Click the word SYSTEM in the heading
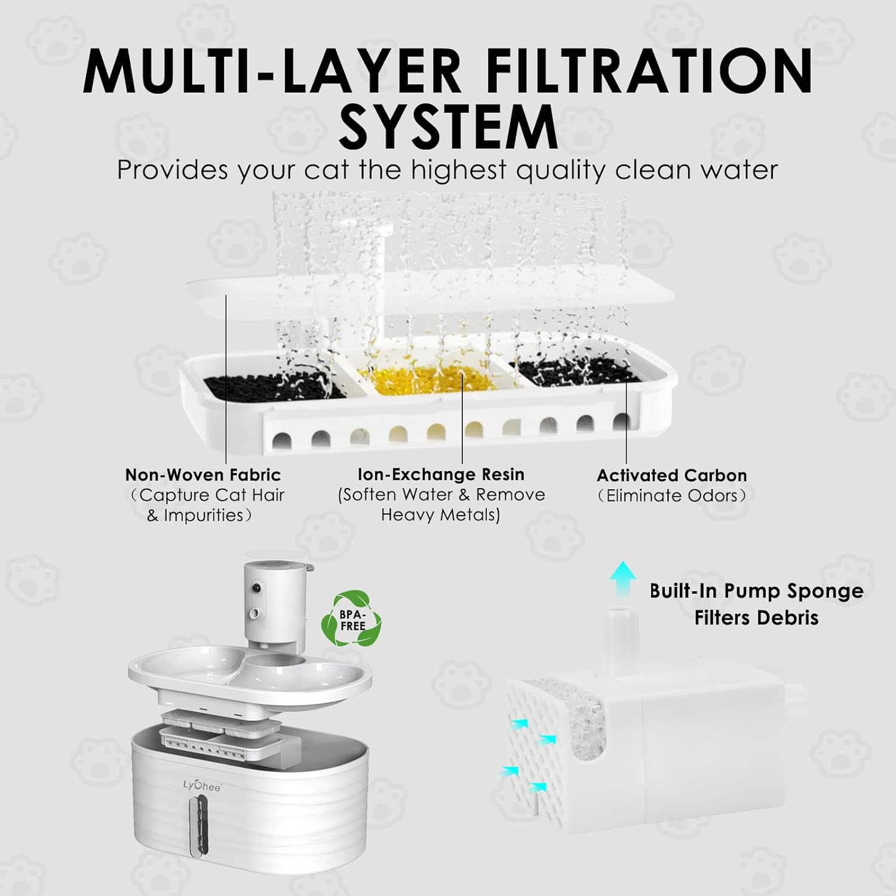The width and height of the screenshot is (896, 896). click(448, 127)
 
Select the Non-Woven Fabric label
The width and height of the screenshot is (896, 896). click(203, 475)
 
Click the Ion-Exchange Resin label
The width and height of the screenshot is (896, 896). click(441, 474)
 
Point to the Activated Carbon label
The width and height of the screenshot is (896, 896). click(672, 475)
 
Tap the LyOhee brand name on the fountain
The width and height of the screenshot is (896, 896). click(202, 787)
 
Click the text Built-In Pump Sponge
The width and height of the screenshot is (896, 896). click(757, 591)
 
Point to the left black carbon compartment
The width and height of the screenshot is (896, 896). click(275, 387)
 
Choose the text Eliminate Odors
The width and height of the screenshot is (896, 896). click(672, 496)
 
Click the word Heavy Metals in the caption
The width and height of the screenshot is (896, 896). click(441, 515)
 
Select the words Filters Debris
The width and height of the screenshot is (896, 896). click(756, 617)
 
